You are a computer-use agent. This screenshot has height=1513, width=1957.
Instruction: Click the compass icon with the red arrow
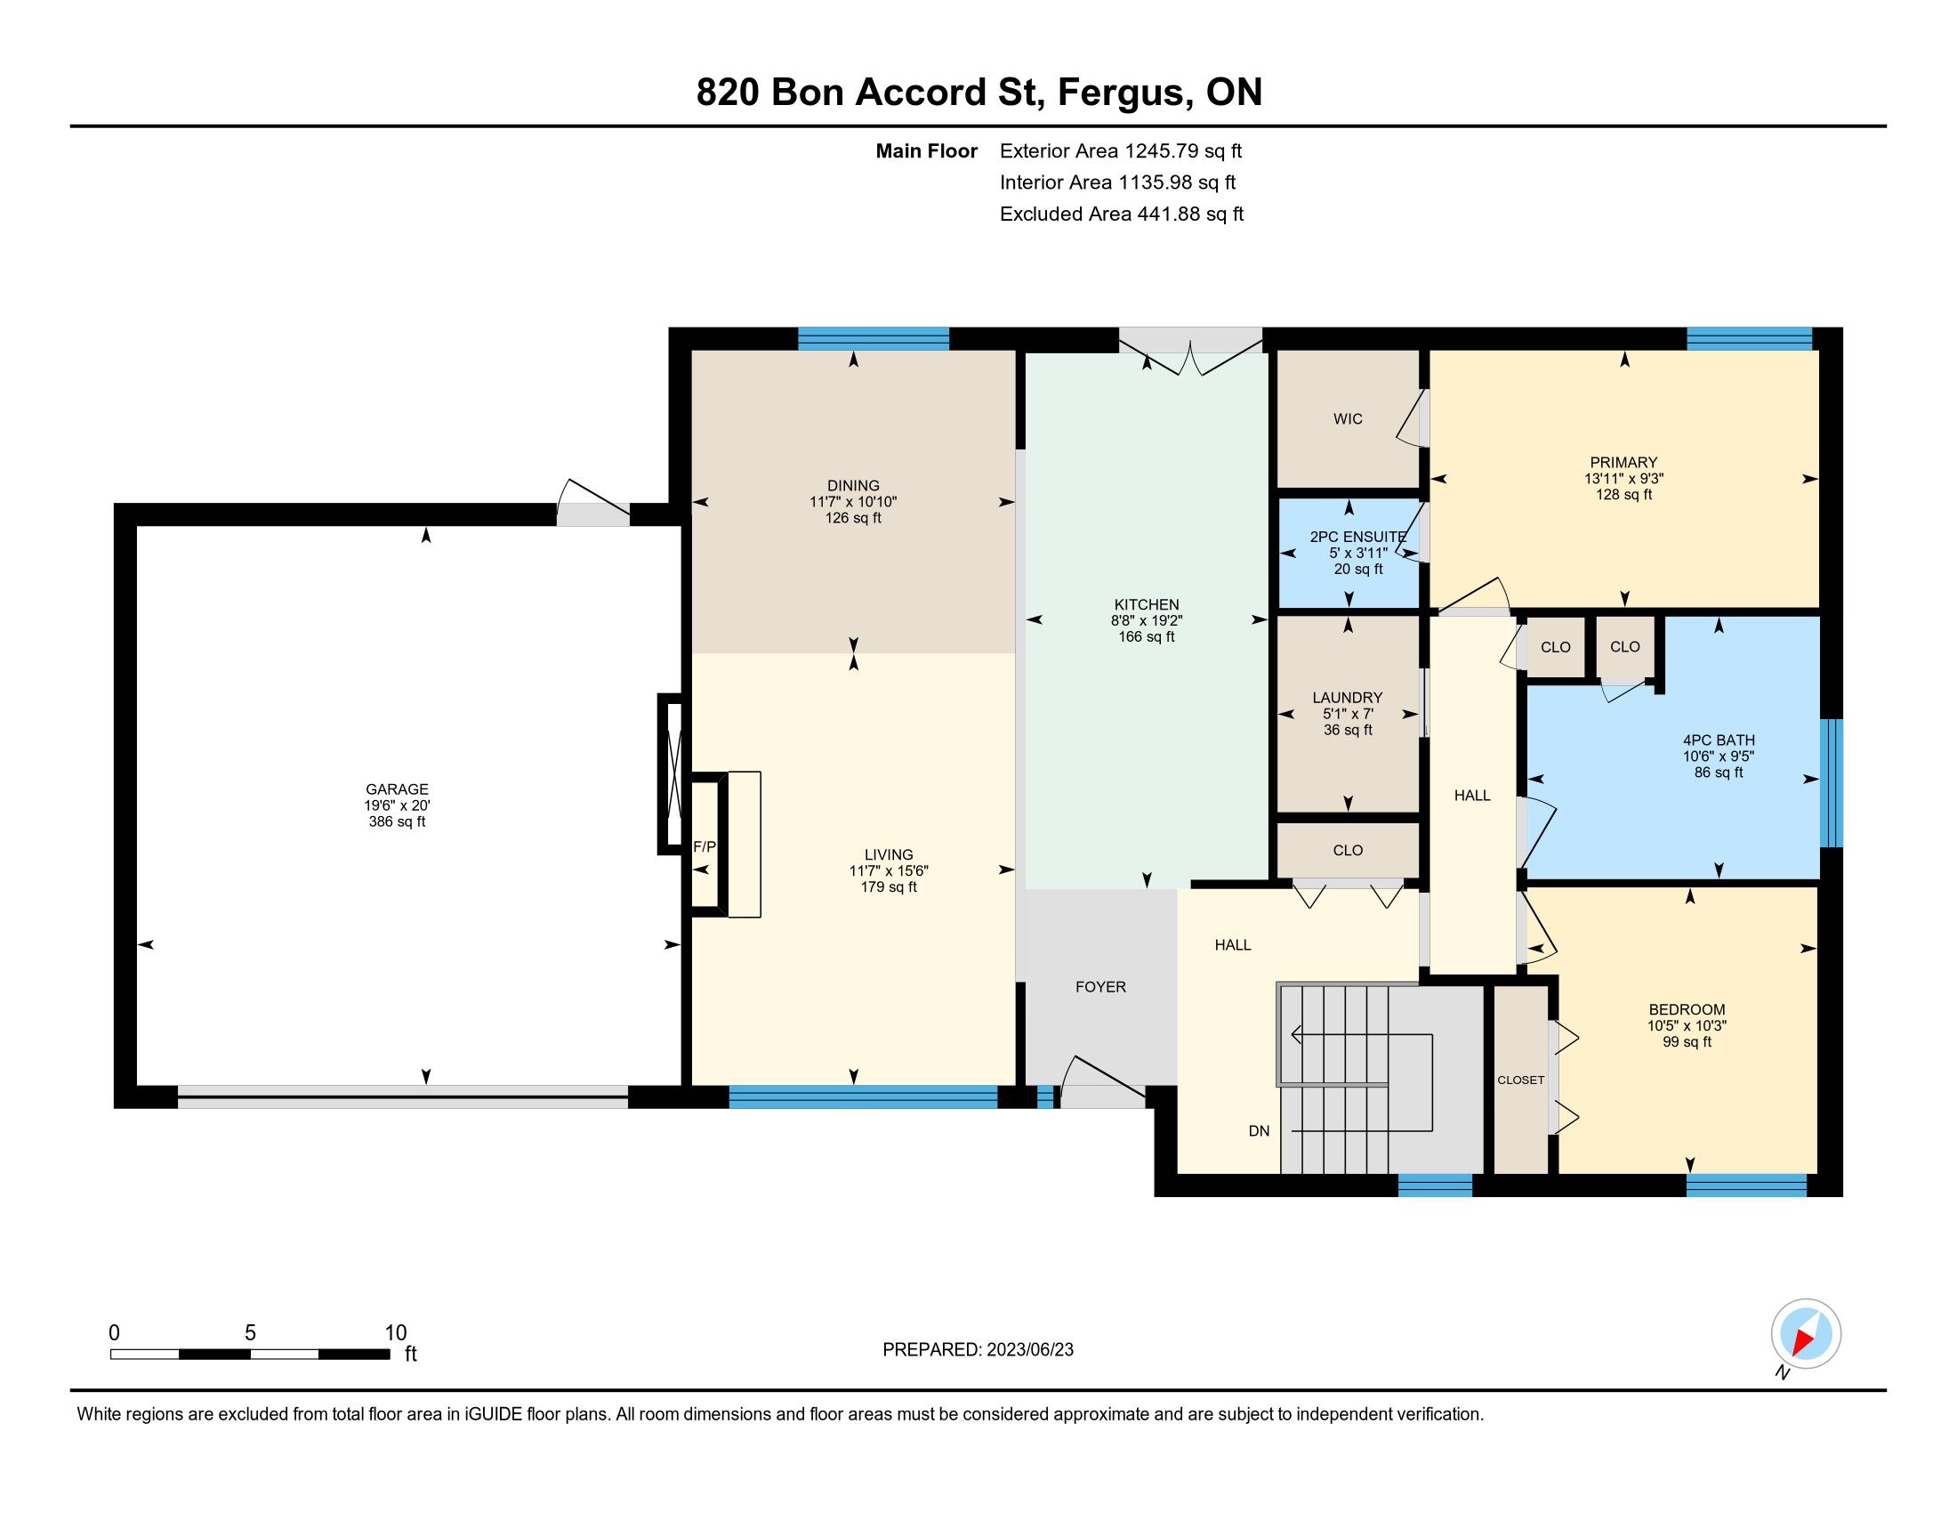(x=1806, y=1333)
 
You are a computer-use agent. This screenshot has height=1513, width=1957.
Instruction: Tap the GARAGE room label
(x=397, y=789)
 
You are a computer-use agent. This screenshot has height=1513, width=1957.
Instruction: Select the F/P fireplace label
(x=705, y=846)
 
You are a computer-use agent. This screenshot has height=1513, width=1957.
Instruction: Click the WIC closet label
(x=1348, y=418)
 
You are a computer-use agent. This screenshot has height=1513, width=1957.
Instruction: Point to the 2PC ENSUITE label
(x=1358, y=537)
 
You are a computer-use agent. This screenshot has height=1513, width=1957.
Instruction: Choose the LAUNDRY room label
(x=1348, y=698)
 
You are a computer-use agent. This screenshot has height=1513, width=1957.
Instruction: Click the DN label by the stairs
(x=1259, y=1131)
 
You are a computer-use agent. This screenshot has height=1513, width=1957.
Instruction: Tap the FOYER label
(x=1100, y=987)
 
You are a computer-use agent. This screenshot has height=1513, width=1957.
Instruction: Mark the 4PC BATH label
(x=1719, y=740)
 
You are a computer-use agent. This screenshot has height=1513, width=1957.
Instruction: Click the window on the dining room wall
(x=874, y=338)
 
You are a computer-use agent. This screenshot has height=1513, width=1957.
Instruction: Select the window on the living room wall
(x=863, y=1097)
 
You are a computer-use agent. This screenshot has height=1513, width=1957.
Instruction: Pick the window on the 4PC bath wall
(x=1832, y=783)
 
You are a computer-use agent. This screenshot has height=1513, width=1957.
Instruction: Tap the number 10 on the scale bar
(x=395, y=1333)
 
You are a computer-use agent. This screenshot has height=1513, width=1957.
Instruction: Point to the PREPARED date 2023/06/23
(x=1029, y=1350)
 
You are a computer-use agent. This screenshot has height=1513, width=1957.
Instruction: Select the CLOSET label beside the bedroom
(x=1520, y=1080)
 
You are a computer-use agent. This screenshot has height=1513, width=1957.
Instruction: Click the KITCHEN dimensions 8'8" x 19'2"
(x=1147, y=620)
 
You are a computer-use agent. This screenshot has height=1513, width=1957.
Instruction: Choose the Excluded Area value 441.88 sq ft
(x=1190, y=214)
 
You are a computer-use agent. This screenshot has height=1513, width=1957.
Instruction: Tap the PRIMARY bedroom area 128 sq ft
(x=1623, y=495)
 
